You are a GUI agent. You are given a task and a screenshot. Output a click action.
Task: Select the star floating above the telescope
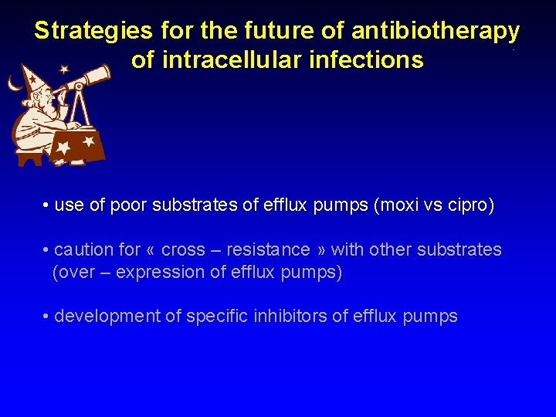tap(63, 69)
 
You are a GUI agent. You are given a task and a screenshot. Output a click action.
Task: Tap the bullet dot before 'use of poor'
tap(46, 206)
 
